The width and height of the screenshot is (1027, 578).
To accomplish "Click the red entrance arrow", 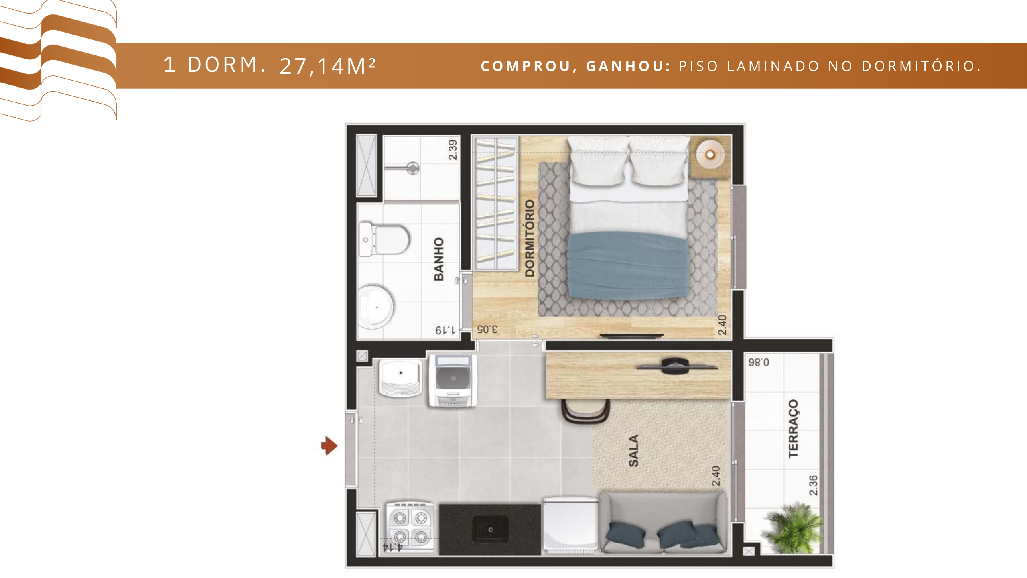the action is (329, 446).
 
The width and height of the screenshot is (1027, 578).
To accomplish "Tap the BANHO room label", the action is (439, 259).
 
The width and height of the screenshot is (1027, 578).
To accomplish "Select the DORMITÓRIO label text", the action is (530, 238).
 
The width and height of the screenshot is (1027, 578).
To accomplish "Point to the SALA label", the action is (633, 451).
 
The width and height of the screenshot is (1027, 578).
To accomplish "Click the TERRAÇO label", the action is (793, 428).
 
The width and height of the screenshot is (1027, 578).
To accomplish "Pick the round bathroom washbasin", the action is (376, 307).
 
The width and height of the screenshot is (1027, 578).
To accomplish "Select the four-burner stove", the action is (410, 527).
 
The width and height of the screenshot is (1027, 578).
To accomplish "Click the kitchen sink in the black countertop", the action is (490, 529).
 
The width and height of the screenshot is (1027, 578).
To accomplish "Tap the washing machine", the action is (453, 380).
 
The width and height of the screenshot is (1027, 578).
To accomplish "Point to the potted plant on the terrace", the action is (793, 527).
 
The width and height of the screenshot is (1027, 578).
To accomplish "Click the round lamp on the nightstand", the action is (710, 154).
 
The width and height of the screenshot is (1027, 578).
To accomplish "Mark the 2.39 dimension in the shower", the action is (453, 150).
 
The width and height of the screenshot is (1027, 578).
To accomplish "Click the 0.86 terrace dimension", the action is (759, 362).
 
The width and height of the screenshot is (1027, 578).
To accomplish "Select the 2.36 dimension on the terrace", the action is (813, 485).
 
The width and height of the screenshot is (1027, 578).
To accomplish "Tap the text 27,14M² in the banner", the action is (328, 66).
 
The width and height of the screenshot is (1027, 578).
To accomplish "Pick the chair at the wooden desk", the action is (586, 411).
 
